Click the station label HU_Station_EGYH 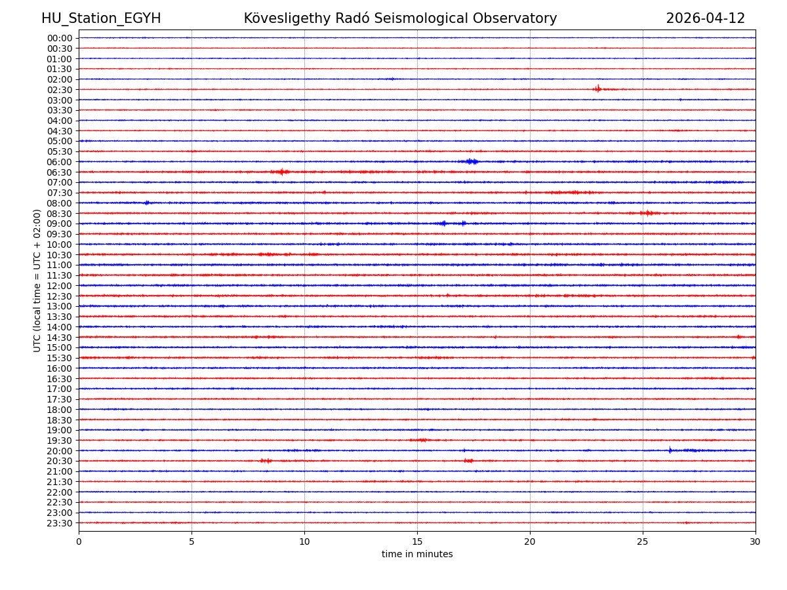(x=101, y=18)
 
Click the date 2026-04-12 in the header (x=705, y=18)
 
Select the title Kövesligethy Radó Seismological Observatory (x=400, y=18)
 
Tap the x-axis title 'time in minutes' (x=417, y=555)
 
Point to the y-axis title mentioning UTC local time (x=37, y=281)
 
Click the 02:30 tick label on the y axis (x=60, y=90)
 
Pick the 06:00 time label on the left (x=60, y=162)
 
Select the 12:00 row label (x=60, y=286)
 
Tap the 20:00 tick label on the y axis (x=60, y=451)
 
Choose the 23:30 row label (x=60, y=523)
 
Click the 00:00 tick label (x=60, y=38)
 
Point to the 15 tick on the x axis (x=417, y=541)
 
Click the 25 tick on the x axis (x=643, y=541)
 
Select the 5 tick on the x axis (x=192, y=541)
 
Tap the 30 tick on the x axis (x=756, y=541)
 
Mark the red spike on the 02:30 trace (x=597, y=88)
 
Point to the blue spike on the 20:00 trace (x=670, y=450)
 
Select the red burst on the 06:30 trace (x=281, y=172)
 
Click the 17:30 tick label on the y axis (x=60, y=399)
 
